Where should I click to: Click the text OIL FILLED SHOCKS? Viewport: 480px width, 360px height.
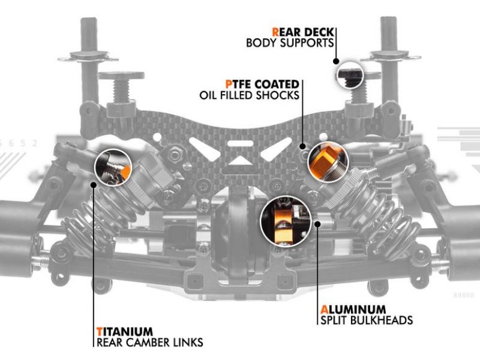click(x=250, y=95)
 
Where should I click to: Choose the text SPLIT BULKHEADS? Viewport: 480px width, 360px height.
click(x=366, y=320)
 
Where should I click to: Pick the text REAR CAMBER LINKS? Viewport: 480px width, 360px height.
click(x=149, y=343)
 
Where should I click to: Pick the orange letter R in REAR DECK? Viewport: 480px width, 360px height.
click(x=275, y=31)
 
